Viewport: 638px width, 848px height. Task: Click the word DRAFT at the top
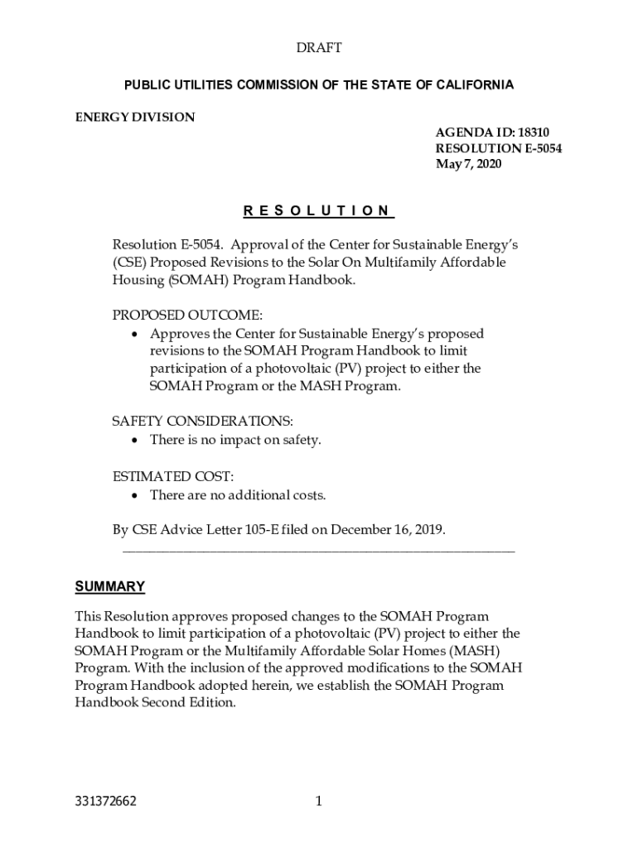(319, 49)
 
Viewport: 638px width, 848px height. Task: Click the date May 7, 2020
(469, 164)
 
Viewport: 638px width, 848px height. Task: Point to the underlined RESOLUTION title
(318, 210)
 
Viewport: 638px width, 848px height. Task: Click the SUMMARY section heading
(110, 586)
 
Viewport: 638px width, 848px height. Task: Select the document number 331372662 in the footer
(104, 801)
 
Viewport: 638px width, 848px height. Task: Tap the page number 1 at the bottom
(318, 801)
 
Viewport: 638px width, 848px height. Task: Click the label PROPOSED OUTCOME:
(187, 316)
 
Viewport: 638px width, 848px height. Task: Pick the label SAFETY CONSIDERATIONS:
(202, 422)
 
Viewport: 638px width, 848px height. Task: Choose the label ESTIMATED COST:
(172, 476)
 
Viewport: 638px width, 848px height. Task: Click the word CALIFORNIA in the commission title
(476, 84)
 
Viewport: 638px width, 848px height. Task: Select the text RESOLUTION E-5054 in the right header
(493, 148)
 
